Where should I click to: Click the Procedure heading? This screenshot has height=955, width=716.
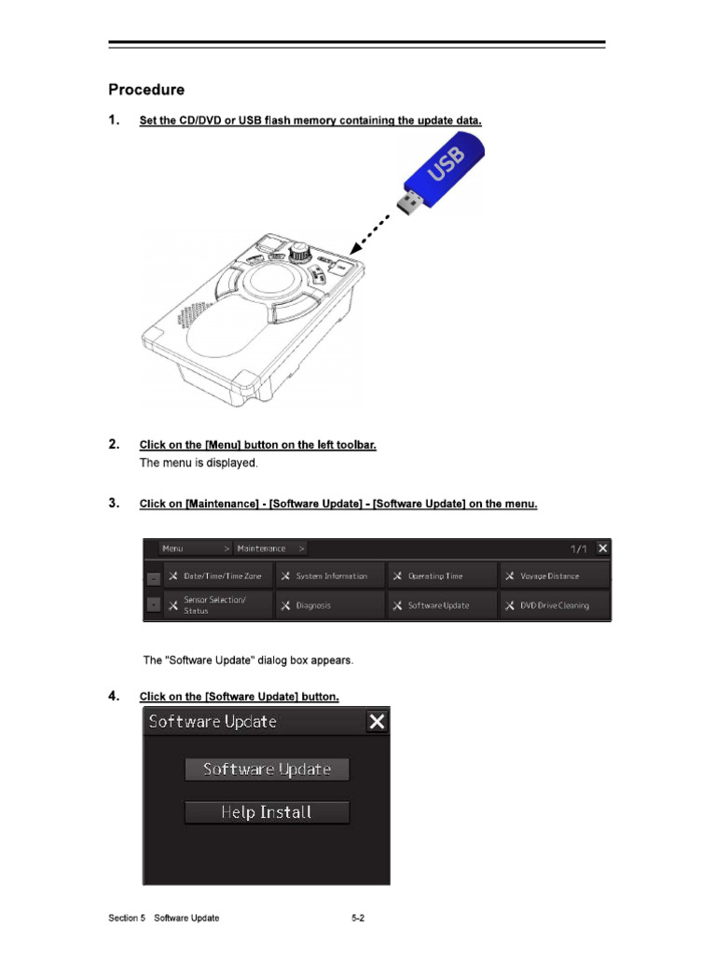146,90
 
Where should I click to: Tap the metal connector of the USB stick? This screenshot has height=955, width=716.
407,204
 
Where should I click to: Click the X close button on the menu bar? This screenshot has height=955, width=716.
602,548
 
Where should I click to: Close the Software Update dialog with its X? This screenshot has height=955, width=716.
377,722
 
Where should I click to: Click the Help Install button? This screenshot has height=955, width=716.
267,812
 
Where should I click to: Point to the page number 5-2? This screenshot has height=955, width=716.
357,919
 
